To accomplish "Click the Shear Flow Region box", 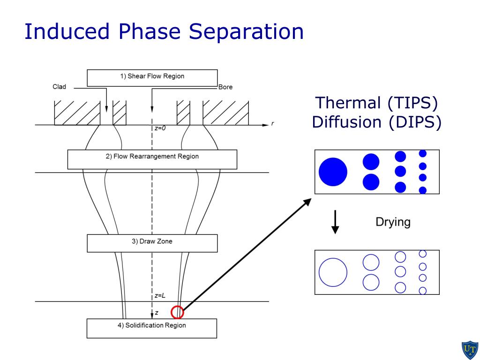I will click(152, 77).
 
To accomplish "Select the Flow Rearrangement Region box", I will click(152, 159).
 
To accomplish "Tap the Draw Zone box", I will click(152, 243).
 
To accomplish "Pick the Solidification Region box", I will click(152, 328).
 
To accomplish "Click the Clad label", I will click(59, 87).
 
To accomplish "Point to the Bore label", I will click(225, 87).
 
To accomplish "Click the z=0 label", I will click(160, 128).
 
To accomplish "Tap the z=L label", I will click(160, 296).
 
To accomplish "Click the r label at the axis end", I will click(272, 124).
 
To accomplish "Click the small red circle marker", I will click(177, 312).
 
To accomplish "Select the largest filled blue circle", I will click(333, 172).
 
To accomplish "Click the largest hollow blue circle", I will click(333, 272).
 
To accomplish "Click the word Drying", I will click(393, 222).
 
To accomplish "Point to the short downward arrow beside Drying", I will click(335, 222).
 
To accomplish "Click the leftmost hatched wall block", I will click(77, 113).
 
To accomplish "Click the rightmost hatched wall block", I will click(225, 113).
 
